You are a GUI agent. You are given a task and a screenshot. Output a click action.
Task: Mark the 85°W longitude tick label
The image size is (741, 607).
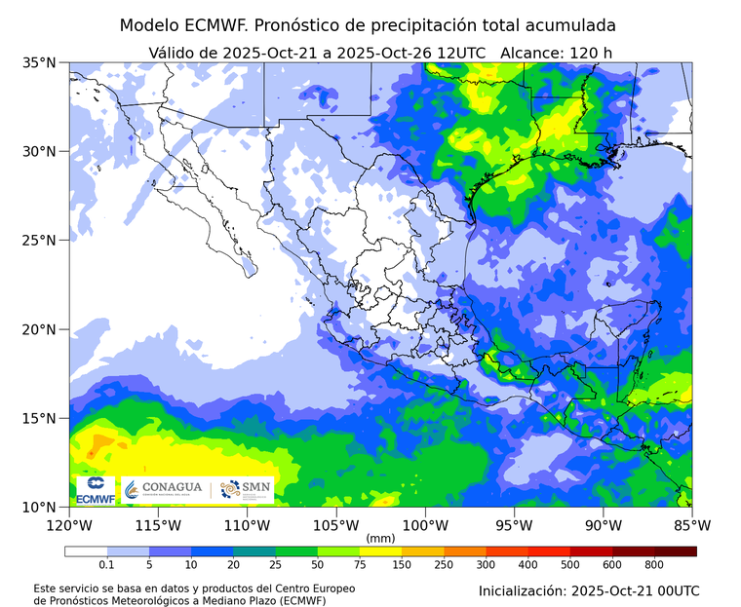pos(692,525)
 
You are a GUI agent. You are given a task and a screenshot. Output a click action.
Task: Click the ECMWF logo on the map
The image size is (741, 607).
pos(96,490)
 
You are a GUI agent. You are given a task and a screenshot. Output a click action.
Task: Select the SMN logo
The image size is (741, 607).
pos(244,489)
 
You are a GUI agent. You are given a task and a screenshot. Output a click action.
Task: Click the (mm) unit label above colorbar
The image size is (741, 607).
pos(380,538)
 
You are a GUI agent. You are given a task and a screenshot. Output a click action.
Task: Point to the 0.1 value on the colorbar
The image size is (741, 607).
pos(106,564)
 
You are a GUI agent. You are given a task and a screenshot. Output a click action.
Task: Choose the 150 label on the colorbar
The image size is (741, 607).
pos(402,564)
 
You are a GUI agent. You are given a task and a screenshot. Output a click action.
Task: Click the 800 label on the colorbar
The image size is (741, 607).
pos(654,564)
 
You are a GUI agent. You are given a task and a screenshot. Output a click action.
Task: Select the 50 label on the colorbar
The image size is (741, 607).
pos(318,564)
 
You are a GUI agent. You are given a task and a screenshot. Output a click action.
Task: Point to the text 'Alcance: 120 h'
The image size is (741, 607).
pos(556,52)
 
